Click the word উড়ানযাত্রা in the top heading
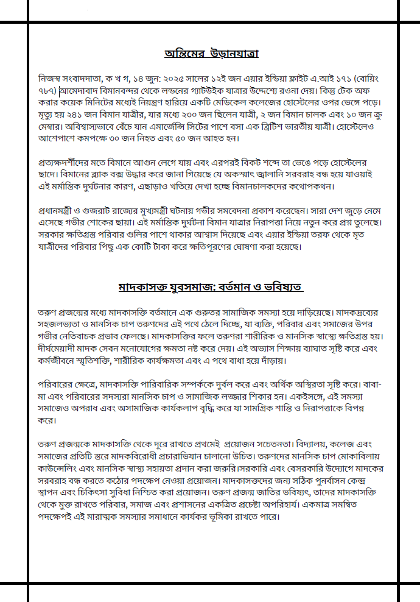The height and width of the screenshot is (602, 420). point(233,54)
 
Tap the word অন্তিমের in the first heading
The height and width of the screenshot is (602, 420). point(183,54)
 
